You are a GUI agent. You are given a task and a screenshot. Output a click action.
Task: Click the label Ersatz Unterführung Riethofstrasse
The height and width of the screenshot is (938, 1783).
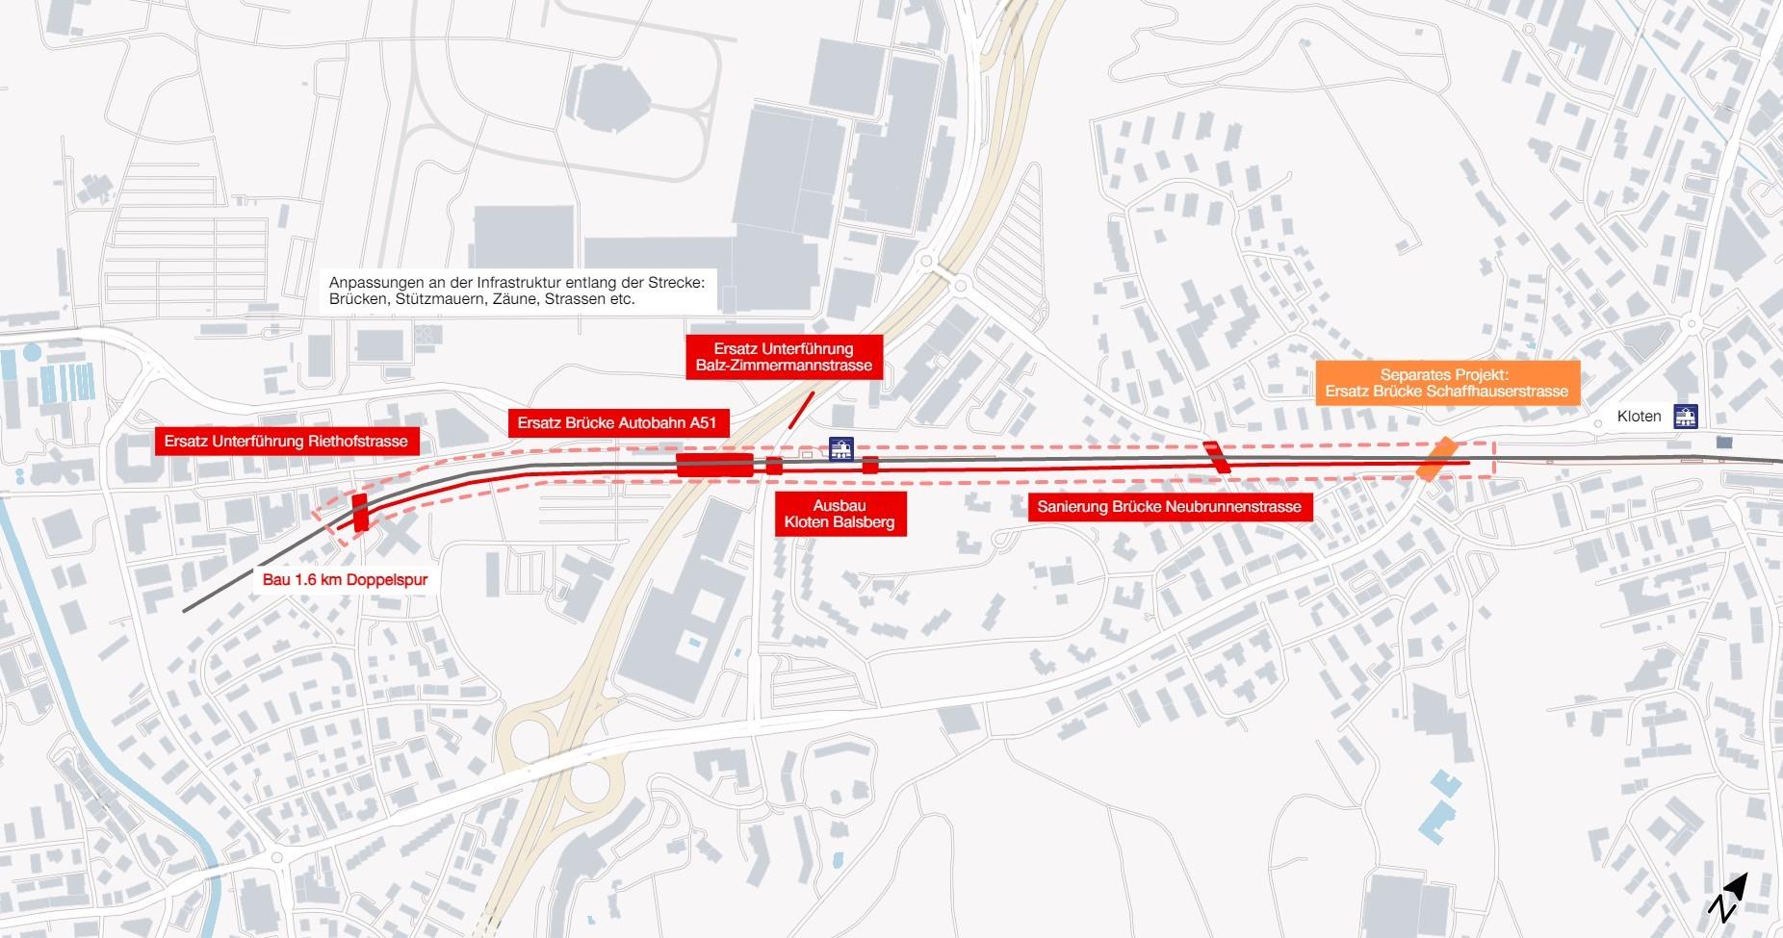point(286,442)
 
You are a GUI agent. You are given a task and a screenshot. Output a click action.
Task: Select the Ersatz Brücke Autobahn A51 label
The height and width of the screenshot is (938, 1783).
point(618,422)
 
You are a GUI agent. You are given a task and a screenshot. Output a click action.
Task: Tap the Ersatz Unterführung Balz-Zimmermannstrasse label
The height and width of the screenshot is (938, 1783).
point(784,357)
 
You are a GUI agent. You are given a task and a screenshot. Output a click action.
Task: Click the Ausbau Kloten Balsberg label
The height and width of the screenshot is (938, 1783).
point(840,514)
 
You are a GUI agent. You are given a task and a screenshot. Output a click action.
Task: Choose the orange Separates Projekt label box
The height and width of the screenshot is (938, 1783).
point(1446,383)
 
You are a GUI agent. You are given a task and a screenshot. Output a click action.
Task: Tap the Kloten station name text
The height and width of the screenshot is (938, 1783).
point(1640,417)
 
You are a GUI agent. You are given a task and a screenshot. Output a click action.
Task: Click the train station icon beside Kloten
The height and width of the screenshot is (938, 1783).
point(1686,416)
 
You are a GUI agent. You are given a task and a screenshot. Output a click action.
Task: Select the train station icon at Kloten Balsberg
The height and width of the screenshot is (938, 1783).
point(841,449)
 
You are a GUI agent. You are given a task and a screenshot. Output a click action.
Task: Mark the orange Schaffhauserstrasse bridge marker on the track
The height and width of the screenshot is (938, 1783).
point(1436,458)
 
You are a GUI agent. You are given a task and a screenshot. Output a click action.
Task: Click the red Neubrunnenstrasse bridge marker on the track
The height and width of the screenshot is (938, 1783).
point(1217,456)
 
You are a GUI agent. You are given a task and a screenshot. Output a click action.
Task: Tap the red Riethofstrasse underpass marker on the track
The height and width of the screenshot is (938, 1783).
point(360,512)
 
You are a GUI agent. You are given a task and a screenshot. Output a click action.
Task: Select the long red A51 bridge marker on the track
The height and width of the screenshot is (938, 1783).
point(714,466)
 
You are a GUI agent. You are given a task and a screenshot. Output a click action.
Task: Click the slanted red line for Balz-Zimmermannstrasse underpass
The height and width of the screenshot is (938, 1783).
point(801,409)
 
